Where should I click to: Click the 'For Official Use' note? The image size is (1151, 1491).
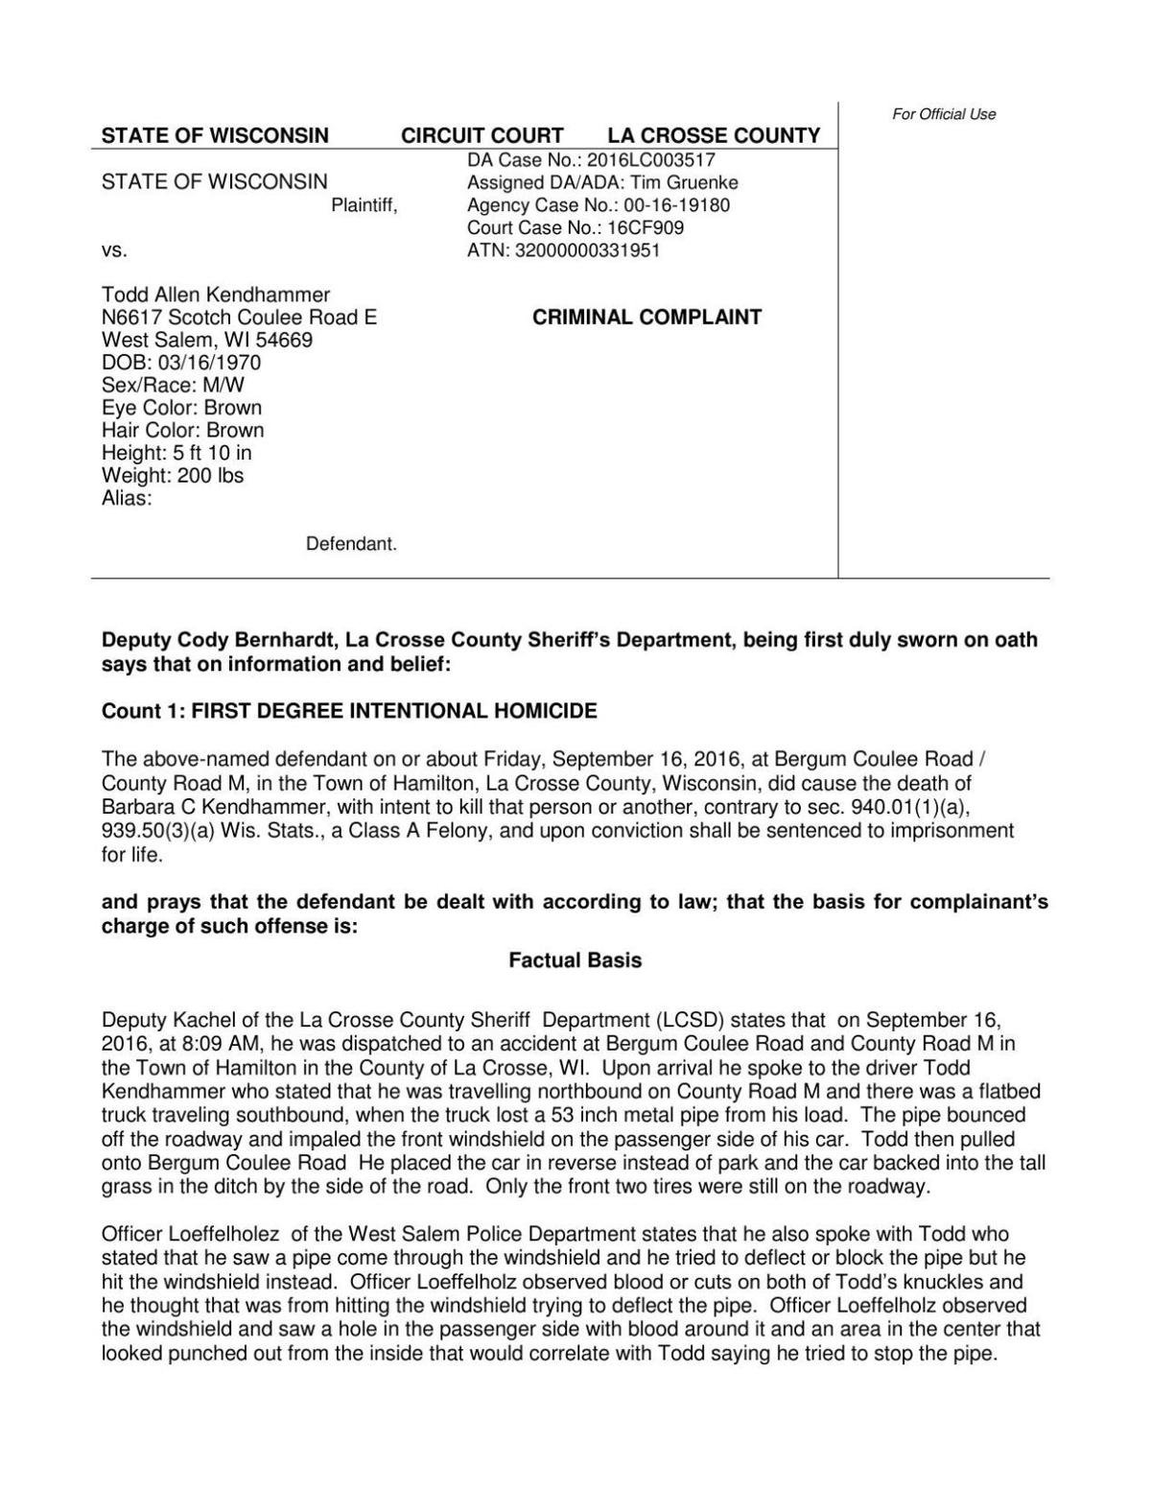[944, 114]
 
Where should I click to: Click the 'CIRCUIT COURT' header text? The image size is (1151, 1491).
[482, 136]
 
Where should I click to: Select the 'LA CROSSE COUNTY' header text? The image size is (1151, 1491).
[714, 136]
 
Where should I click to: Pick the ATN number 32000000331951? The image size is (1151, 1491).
[588, 251]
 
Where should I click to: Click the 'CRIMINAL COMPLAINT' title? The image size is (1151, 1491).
[646, 318]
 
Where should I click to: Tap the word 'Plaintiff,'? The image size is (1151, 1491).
[364, 205]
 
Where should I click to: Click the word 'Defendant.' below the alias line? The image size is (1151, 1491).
[351, 544]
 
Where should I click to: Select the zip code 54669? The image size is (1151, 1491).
[284, 341]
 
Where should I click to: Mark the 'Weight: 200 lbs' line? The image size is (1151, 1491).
[173, 476]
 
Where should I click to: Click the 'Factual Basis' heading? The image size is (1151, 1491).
[575, 960]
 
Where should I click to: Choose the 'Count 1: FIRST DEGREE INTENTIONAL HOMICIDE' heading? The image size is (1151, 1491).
[349, 711]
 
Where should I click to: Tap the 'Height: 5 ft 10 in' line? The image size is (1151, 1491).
[176, 453]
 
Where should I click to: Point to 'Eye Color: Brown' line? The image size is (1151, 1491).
[181, 408]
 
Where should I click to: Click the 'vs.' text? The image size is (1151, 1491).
[114, 251]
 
